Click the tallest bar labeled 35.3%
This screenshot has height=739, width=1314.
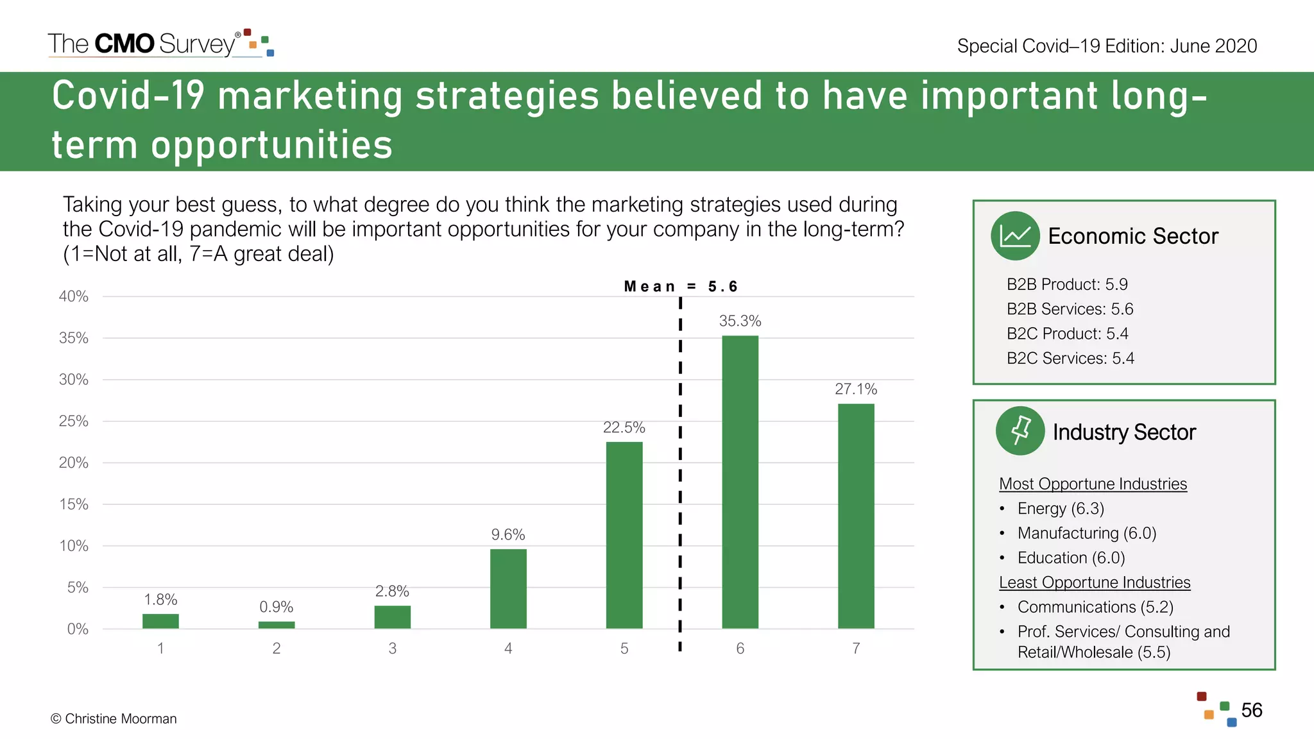(x=740, y=481)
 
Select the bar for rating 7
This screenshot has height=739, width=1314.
(x=856, y=516)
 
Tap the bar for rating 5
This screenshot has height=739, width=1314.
(x=624, y=535)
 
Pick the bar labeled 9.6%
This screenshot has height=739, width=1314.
(x=508, y=588)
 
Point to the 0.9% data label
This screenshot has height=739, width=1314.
(x=276, y=607)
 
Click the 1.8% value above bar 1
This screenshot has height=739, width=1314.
(x=160, y=599)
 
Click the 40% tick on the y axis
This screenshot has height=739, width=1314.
(x=74, y=296)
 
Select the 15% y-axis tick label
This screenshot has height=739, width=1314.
(x=74, y=504)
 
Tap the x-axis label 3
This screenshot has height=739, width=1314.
(x=392, y=649)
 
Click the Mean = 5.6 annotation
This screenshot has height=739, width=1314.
(x=681, y=286)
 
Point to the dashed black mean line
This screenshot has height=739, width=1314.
(x=680, y=475)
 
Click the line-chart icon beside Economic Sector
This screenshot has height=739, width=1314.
(x=1015, y=236)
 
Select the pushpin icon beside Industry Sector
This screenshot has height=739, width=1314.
(x=1020, y=431)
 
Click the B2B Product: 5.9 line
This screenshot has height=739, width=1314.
(x=1067, y=284)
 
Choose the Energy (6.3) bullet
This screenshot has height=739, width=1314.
(x=1061, y=509)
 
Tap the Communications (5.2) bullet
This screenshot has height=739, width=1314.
(x=1095, y=607)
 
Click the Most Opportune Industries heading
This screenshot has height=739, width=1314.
(x=1093, y=484)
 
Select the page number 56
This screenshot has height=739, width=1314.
(x=1251, y=710)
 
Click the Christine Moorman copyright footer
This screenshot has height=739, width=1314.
(x=114, y=718)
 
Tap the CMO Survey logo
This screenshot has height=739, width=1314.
(x=160, y=44)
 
